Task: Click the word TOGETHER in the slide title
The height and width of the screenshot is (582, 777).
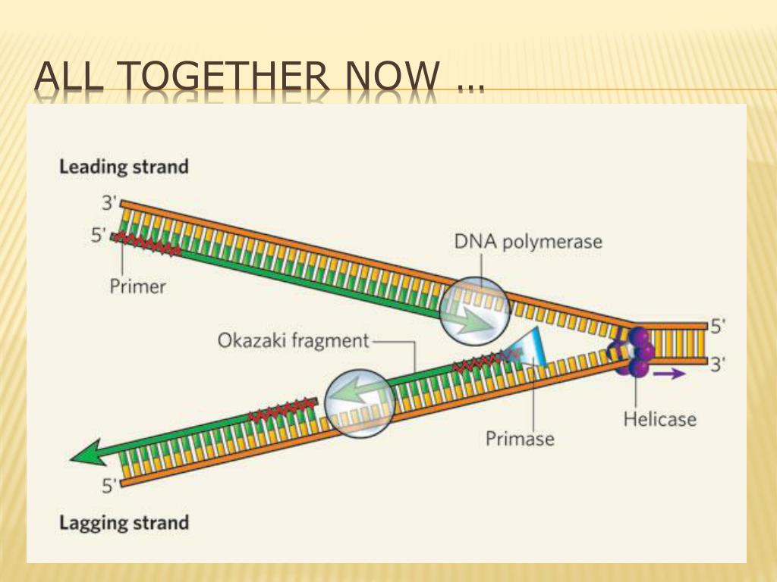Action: [222, 77]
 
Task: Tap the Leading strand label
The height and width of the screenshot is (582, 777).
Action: [124, 167]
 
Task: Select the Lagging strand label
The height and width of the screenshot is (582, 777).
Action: [124, 523]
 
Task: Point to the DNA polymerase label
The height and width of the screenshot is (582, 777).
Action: [528, 242]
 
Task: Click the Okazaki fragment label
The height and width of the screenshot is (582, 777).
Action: [294, 340]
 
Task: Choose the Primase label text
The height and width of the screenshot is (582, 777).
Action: [520, 439]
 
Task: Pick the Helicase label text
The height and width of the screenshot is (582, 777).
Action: [660, 419]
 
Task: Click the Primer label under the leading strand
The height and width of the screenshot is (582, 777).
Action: [138, 286]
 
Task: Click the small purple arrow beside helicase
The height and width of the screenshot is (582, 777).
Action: [669, 373]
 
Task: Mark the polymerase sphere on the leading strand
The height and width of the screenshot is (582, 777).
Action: [475, 311]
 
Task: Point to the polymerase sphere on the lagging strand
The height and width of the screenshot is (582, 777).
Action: [360, 403]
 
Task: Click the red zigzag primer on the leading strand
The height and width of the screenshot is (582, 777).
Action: [146, 243]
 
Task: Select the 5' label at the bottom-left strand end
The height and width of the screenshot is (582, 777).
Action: [109, 486]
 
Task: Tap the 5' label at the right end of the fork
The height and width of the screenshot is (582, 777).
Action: [718, 326]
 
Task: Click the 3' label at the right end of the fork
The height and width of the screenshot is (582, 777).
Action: [718, 365]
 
